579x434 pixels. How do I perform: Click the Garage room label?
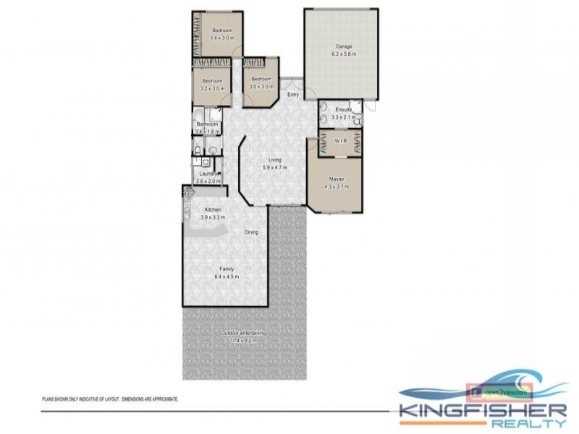click(x=344, y=47)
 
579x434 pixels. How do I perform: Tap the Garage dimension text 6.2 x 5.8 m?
click(x=344, y=54)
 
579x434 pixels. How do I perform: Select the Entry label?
click(x=293, y=95)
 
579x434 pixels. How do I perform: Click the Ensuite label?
click(x=341, y=109)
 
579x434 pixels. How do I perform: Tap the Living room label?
click(x=274, y=160)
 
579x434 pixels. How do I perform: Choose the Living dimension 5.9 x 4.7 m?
click(x=274, y=167)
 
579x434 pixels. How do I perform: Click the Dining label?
click(x=250, y=232)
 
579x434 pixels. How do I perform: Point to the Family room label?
click(x=227, y=268)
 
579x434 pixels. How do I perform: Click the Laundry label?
click(x=208, y=174)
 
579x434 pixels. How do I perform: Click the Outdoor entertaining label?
click(x=244, y=333)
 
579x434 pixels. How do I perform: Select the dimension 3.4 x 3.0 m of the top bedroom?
click(x=222, y=38)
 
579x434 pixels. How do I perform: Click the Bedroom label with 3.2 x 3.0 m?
click(x=212, y=80)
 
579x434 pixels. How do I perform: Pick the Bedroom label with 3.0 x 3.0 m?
click(x=261, y=79)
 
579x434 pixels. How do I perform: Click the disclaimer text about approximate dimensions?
click(x=109, y=399)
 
